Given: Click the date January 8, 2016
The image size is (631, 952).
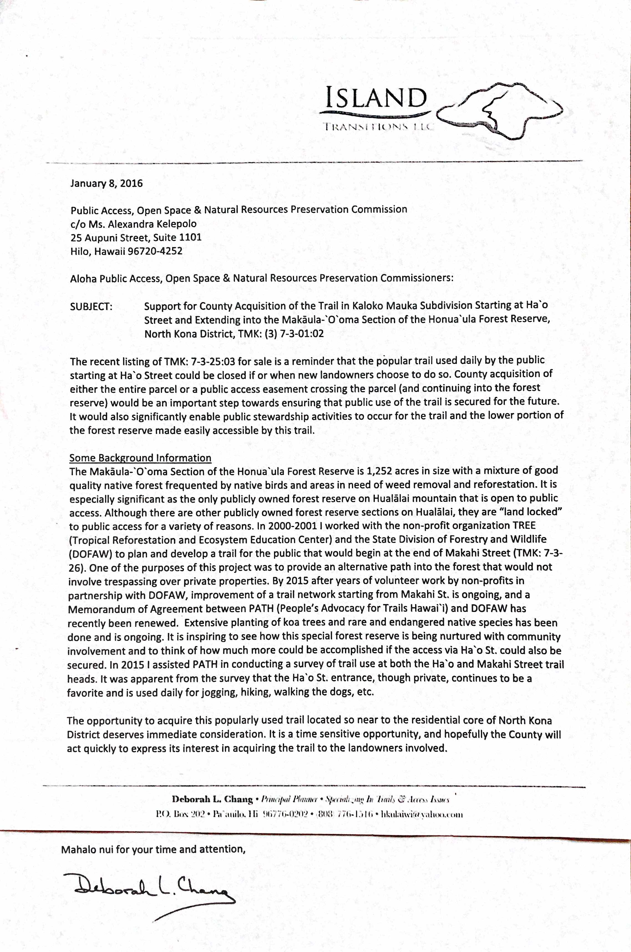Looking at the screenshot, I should click(106, 183).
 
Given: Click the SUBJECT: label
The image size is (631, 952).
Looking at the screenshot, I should click(91, 306).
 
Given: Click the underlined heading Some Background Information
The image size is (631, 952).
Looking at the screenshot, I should click(140, 458).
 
